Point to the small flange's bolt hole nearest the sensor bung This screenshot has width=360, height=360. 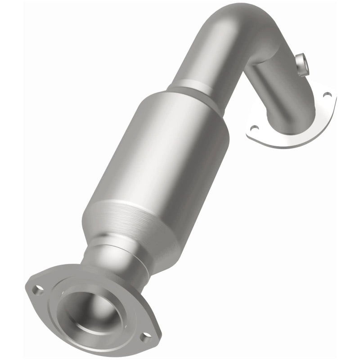(x=328, y=95)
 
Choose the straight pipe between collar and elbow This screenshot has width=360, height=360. (x=211, y=58)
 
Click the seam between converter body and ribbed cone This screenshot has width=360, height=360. (x=130, y=202)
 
